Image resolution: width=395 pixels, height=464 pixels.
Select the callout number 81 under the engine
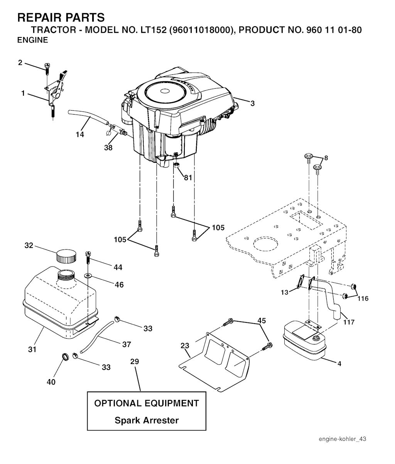[x=188, y=178]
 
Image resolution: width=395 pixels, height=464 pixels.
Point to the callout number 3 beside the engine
[x=252, y=103]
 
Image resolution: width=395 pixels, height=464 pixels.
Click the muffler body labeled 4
[x=305, y=341]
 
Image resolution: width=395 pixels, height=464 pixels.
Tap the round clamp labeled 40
[x=66, y=356]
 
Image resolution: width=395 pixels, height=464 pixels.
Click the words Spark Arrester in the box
[x=147, y=420]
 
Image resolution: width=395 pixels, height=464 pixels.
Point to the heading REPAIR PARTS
[x=61, y=17]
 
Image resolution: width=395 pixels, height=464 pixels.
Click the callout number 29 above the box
[x=135, y=362]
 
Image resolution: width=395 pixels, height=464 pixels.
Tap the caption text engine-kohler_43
[x=342, y=439]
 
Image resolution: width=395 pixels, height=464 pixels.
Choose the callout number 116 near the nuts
[x=363, y=299]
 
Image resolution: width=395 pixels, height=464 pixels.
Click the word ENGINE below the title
[x=33, y=40]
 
